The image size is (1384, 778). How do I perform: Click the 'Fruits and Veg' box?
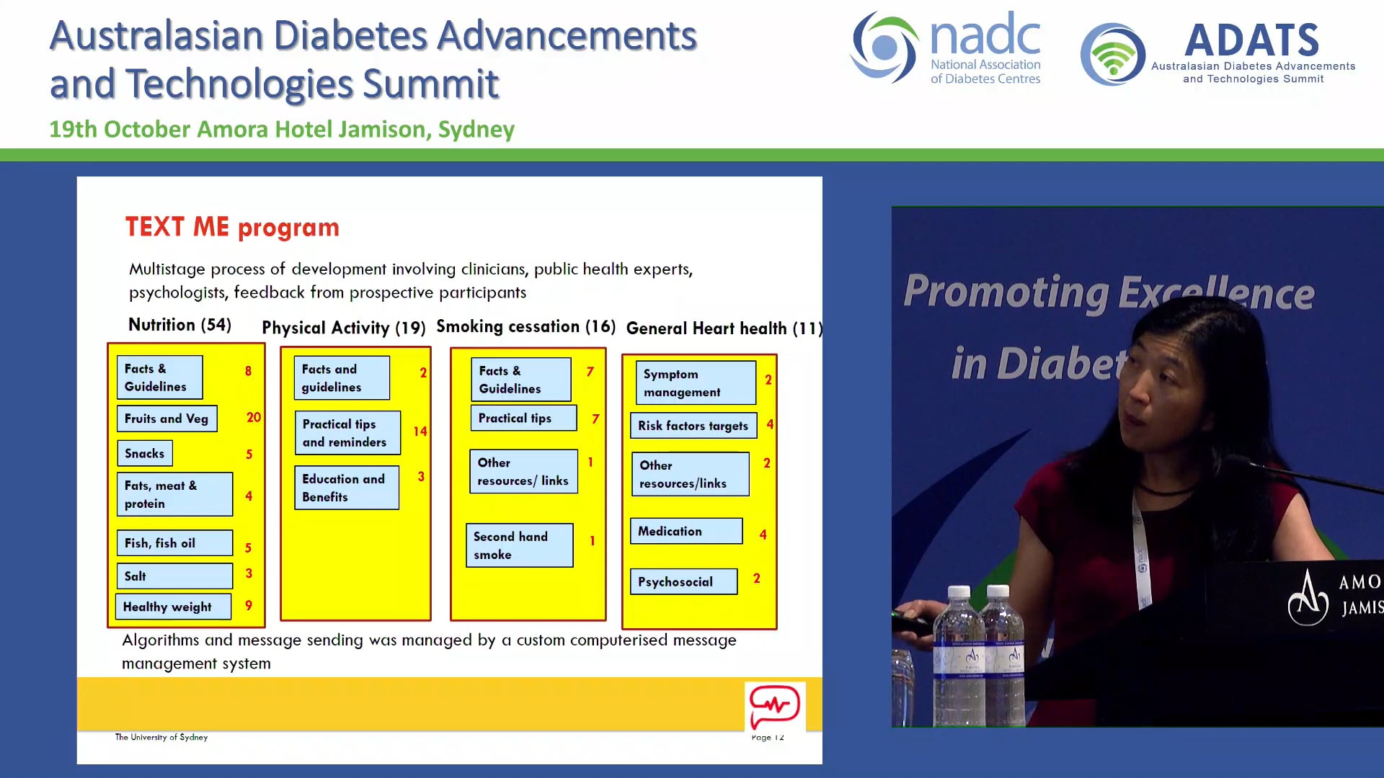pos(167,419)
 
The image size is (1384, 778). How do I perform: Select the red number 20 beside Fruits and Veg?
pos(254,417)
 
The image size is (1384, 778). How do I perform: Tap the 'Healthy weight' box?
pos(173,607)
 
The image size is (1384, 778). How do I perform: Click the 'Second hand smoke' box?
pos(519,545)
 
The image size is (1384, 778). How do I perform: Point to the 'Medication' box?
pos(686,531)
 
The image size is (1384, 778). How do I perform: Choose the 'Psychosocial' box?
pos(683,581)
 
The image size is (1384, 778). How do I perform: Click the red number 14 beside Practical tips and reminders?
pos(420,432)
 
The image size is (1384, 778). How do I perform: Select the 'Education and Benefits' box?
pos(346,488)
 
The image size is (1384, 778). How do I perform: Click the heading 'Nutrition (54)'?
pos(179,325)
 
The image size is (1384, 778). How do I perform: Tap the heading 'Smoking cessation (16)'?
pos(525,326)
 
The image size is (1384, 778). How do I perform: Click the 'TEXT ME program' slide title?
pos(232,227)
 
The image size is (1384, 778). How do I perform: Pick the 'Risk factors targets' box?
pos(693,426)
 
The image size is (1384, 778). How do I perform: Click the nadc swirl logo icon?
pos(884,48)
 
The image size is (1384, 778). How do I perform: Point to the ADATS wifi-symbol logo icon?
pos(1112,55)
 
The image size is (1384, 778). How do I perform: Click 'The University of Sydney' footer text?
pos(161,737)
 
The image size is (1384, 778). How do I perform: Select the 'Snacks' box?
pos(144,453)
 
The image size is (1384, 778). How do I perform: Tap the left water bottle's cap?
pos(959,592)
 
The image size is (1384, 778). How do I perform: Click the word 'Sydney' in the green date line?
pos(476,130)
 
